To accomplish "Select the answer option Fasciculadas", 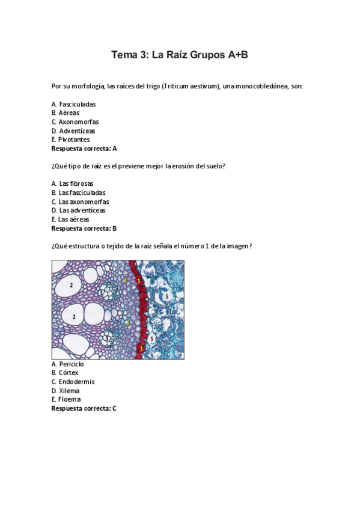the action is tap(78, 104).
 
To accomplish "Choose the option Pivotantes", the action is tap(74, 140).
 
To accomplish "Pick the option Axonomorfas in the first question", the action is tap(79, 121).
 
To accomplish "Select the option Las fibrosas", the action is tap(76, 183).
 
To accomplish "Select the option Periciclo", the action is tap(72, 364).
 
